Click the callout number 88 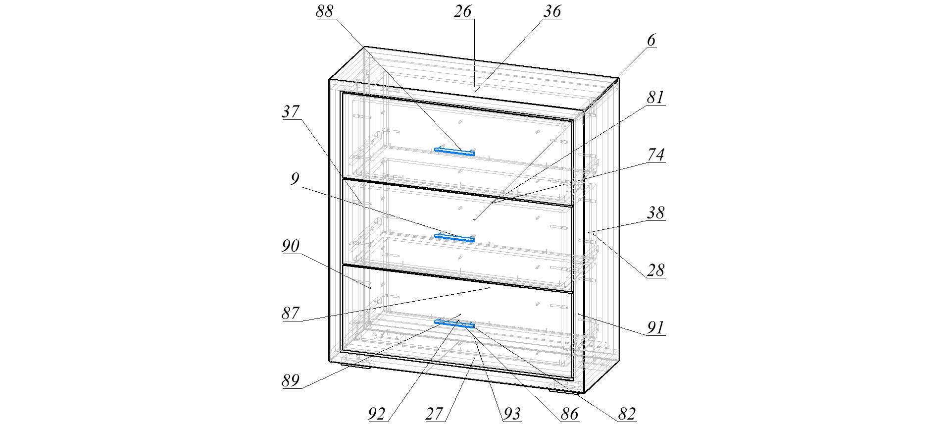pyautogui.click(x=325, y=11)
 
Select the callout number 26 pyautogui.click(x=463, y=11)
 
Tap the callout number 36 pyautogui.click(x=552, y=11)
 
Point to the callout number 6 pyautogui.click(x=651, y=41)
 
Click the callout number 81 pyautogui.click(x=655, y=98)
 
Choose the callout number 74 pyautogui.click(x=655, y=155)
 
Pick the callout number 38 pyautogui.click(x=655, y=213)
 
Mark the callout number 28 pyautogui.click(x=655, y=270)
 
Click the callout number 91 pyautogui.click(x=655, y=328)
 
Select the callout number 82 pyautogui.click(x=627, y=414)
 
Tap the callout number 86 pyautogui.click(x=569, y=414)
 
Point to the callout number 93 pyautogui.click(x=512, y=414)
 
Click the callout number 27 pyautogui.click(x=434, y=414)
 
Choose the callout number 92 pyautogui.click(x=377, y=414)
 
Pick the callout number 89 pyautogui.click(x=291, y=380)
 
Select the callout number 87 pyautogui.click(x=291, y=313)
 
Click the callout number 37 pyautogui.click(x=291, y=112)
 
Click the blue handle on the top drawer pyautogui.click(x=454, y=152)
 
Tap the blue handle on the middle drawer pyautogui.click(x=454, y=238)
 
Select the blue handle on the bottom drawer pyautogui.click(x=454, y=324)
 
